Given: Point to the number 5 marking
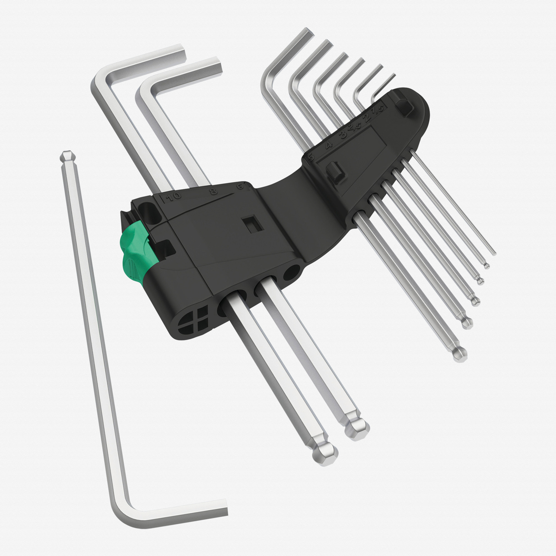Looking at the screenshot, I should pyautogui.click(x=311, y=157).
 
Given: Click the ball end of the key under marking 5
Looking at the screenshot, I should pyautogui.click(x=460, y=354).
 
